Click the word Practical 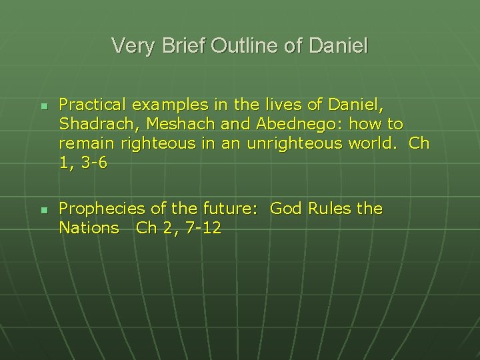click(x=92, y=105)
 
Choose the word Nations click(x=89, y=228)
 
